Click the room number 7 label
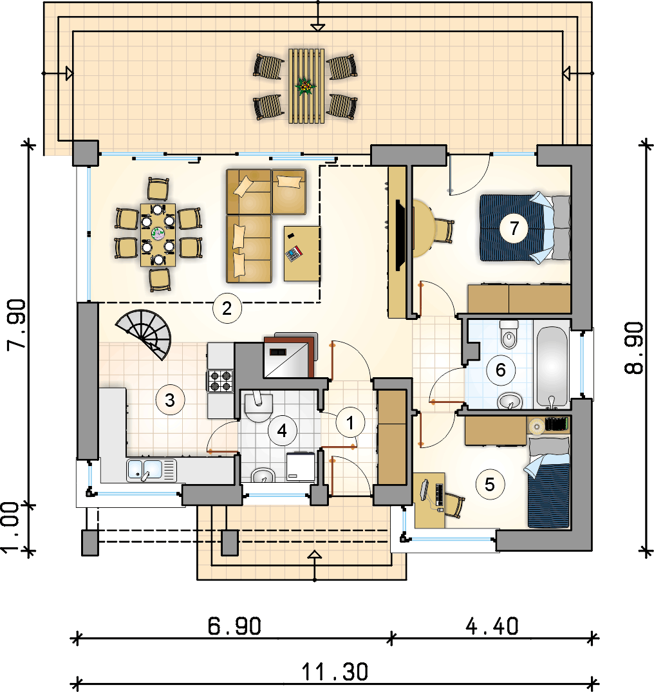click(514, 228)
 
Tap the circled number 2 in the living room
click(227, 308)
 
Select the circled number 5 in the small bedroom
click(490, 485)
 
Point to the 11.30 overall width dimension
click(335, 672)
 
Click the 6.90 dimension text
click(234, 626)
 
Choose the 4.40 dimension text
click(492, 626)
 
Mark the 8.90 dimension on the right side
click(634, 348)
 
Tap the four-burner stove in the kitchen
click(221, 381)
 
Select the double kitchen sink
click(151, 470)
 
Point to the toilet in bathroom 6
click(509, 334)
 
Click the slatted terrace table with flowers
click(306, 86)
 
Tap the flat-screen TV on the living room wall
click(400, 235)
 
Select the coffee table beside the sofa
click(302, 254)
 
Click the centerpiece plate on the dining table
click(158, 234)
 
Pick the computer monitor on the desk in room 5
click(424, 489)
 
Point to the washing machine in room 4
click(301, 466)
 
